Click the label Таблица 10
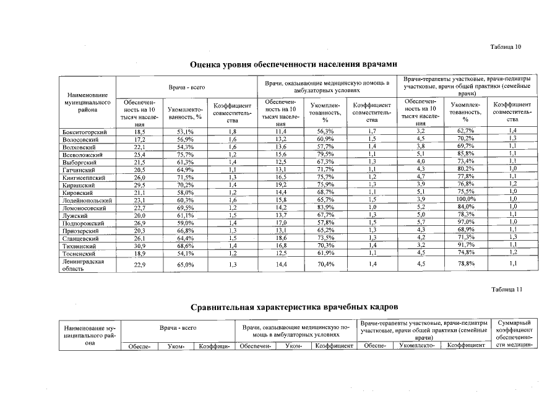[x=506, y=47]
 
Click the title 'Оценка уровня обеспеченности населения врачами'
[x=293, y=64]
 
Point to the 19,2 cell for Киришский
[x=280, y=184]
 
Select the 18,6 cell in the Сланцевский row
[x=280, y=238]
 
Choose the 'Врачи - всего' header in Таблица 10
[x=187, y=89]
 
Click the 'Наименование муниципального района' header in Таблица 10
[x=87, y=101]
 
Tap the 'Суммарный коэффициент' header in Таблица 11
[x=514, y=330]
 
